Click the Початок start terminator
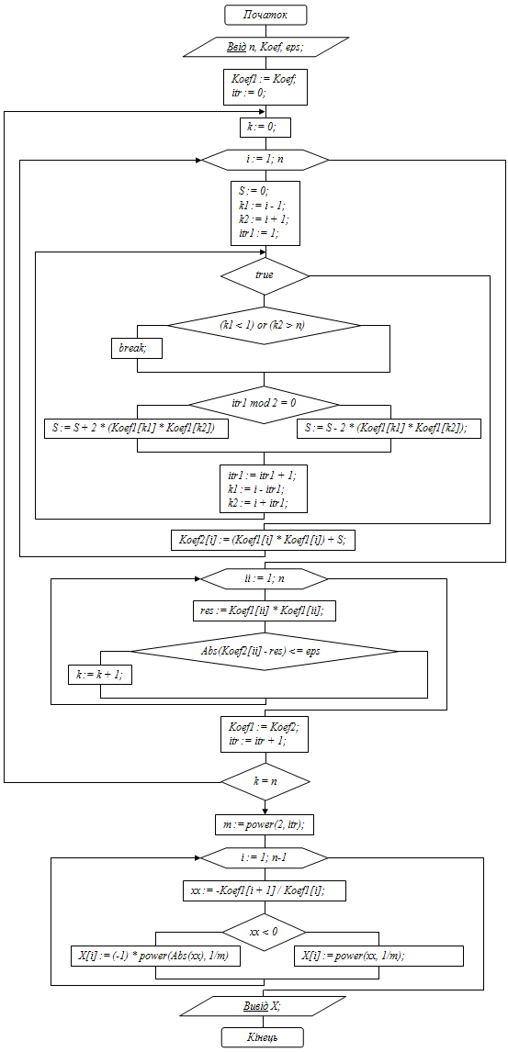point(265,15)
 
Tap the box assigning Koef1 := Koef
point(265,86)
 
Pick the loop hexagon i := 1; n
point(265,161)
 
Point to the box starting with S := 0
point(265,213)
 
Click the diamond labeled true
point(265,275)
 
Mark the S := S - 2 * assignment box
point(389,429)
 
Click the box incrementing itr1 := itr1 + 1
point(265,487)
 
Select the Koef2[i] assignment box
point(263,541)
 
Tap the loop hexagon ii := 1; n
point(265,577)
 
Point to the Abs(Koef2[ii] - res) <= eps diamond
point(265,651)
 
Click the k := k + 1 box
point(100,675)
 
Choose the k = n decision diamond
point(265,781)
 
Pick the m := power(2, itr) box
point(265,824)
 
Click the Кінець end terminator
point(263,1037)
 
